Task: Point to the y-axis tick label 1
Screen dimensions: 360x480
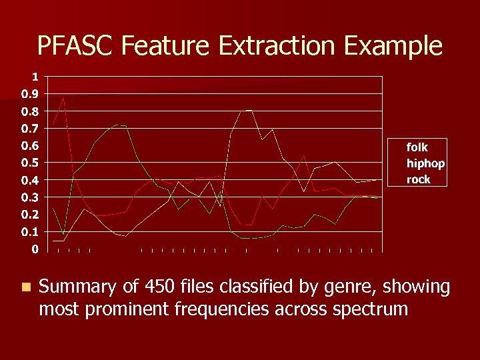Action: point(34,76)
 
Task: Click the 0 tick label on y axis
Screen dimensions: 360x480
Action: point(34,249)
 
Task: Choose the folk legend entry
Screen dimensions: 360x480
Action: point(417,147)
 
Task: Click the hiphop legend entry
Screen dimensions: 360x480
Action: point(425,163)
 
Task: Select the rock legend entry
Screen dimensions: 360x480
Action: point(419,179)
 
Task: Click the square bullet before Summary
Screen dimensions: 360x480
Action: point(25,287)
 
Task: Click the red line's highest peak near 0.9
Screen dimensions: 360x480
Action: point(63,98)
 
